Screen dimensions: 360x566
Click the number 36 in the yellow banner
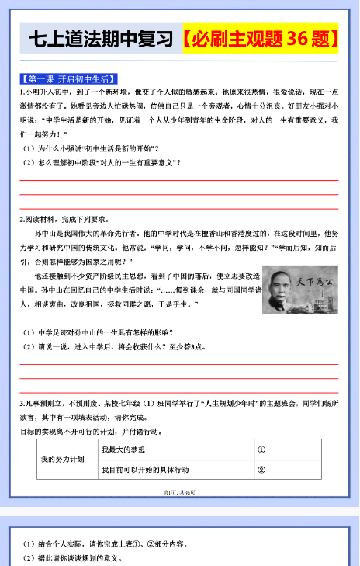(303, 39)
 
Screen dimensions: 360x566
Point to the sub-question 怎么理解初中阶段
(101, 161)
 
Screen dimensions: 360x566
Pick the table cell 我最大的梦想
(124, 450)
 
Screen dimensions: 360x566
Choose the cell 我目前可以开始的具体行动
(145, 470)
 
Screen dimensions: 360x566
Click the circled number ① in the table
(261, 450)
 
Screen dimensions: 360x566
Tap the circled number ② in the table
(261, 470)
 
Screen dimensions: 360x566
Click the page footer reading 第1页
(178, 492)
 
